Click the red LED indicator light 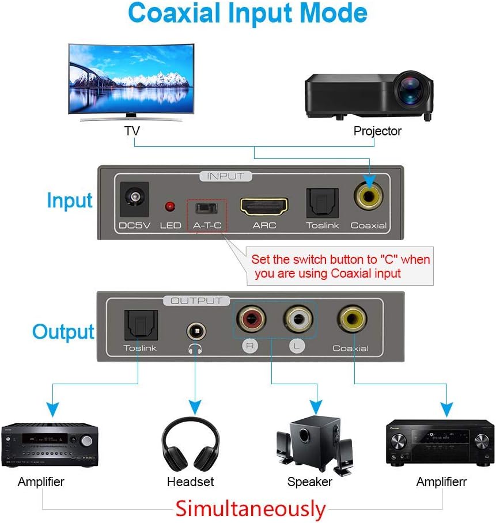tap(170, 206)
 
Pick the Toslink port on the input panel tap(321, 202)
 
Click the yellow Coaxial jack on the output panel tap(351, 319)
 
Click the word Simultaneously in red tap(251, 509)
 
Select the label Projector tap(377, 131)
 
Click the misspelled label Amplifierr tap(441, 482)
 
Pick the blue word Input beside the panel tap(69, 200)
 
